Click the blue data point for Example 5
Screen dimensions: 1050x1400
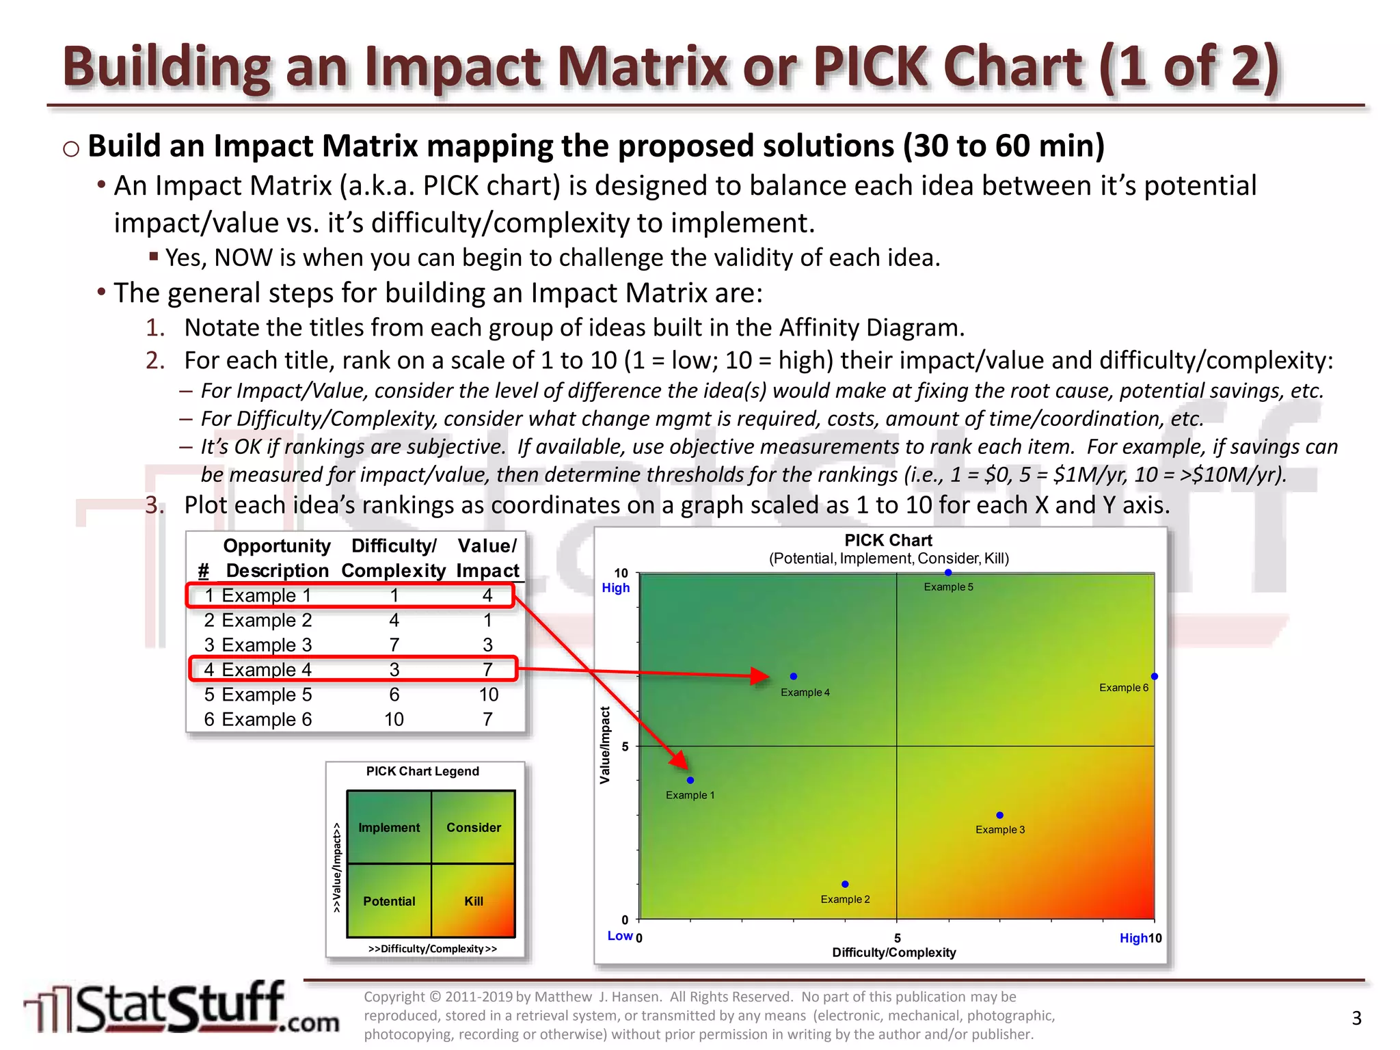[x=948, y=573]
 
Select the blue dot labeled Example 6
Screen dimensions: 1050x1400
[x=1155, y=677]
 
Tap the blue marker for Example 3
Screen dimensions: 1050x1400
[x=999, y=816]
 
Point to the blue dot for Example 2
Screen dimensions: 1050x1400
[x=845, y=885]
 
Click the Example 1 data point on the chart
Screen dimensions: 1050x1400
[x=690, y=781]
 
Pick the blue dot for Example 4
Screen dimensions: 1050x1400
[x=794, y=677]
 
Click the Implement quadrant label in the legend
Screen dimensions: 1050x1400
[x=389, y=828]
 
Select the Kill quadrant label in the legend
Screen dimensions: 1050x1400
[x=474, y=902]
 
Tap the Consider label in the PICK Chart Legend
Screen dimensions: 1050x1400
[x=474, y=828]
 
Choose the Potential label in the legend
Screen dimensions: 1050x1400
[x=389, y=902]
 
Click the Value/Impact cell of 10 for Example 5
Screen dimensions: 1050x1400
[x=488, y=695]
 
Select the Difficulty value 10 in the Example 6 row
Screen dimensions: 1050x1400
[x=394, y=719]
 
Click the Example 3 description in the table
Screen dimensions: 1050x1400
[x=267, y=645]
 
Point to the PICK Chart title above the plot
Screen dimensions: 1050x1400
[x=888, y=541]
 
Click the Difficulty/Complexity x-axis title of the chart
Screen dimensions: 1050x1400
[x=893, y=953]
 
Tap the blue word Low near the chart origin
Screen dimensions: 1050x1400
[x=620, y=936]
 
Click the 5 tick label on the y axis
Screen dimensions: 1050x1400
[x=625, y=746]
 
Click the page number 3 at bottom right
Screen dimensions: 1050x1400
[x=1356, y=1019]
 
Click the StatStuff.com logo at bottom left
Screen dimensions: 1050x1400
[x=181, y=1008]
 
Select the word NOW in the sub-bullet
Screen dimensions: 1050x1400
[x=243, y=258]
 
